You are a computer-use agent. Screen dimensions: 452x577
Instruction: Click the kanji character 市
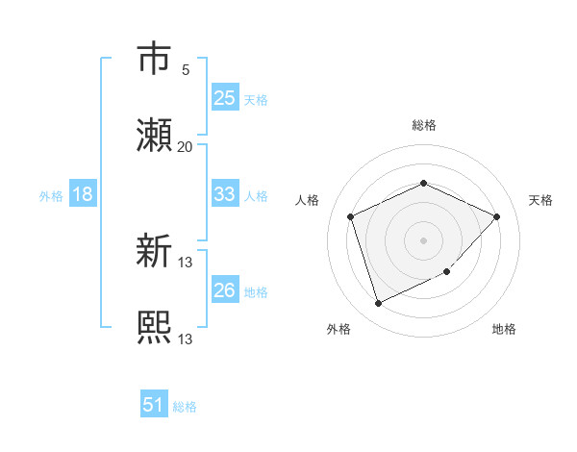coord(155,59)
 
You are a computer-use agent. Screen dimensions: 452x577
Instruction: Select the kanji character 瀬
coord(155,137)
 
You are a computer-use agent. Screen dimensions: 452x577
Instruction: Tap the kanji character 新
coord(155,253)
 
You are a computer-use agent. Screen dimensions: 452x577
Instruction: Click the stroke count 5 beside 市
coord(186,69)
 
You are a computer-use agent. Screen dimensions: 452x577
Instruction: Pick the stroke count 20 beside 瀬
coord(186,147)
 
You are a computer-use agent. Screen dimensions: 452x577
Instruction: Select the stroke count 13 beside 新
coord(186,263)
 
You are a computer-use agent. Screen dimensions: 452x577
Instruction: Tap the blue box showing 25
coord(224,98)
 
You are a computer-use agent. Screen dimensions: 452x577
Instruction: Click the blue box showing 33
coord(224,195)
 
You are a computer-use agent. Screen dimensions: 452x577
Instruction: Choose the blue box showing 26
coord(224,290)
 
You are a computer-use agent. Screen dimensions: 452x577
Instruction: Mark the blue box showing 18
coord(83,195)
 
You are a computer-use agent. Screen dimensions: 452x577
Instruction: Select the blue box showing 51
coord(154,405)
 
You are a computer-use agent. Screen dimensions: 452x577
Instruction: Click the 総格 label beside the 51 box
coord(185,407)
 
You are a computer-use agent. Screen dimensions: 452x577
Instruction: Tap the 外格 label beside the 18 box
coord(51,196)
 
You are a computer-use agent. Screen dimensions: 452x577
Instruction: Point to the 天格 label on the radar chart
coord(540,200)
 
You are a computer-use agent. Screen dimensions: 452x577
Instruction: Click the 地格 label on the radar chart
coord(504,329)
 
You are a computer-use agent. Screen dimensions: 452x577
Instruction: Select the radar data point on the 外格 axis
coord(378,304)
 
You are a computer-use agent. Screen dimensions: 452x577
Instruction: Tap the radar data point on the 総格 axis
coord(423,183)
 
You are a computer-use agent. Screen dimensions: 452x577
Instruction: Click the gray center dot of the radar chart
coord(423,239)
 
